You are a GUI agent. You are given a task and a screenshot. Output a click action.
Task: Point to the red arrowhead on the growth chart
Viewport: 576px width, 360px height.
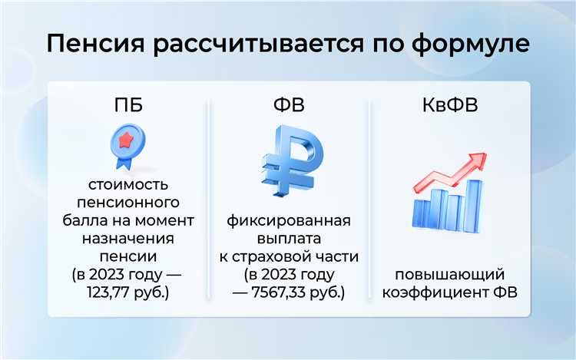point(481,160)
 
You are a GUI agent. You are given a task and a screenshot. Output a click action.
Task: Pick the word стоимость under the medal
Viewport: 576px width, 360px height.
point(127,186)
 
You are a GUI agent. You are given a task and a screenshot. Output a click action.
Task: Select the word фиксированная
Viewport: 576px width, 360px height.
point(288,222)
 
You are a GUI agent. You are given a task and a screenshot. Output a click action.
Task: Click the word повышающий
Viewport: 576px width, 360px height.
point(449,275)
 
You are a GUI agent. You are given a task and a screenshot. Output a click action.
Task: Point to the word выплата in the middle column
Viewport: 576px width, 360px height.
point(288,239)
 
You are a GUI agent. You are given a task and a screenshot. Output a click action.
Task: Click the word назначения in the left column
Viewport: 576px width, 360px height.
point(127,239)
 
